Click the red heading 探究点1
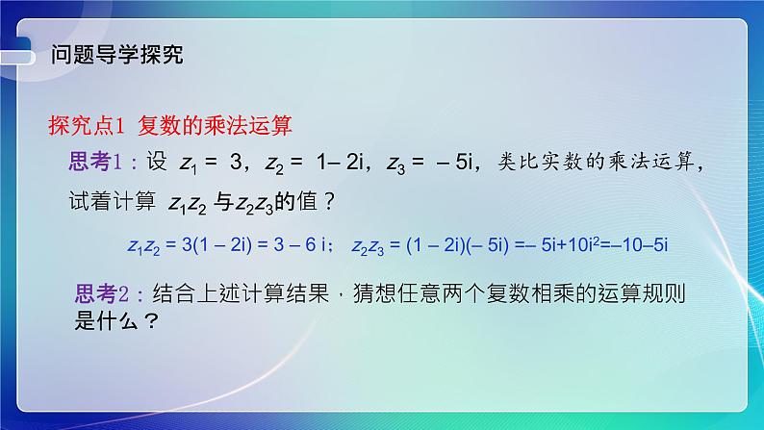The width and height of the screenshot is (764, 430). pos(88,125)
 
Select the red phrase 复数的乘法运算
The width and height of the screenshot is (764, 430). pos(214,125)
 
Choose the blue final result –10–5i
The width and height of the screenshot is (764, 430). pos(637,245)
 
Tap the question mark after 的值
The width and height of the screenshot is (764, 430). pos(329,203)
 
